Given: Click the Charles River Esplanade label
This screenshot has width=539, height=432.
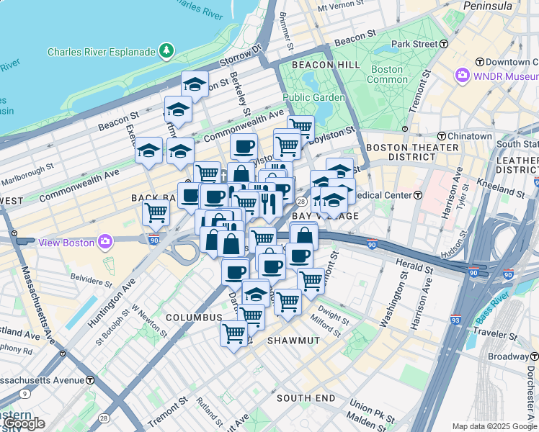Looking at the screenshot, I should click(x=101, y=52).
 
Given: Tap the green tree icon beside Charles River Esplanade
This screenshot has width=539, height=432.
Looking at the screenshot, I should click(x=166, y=51).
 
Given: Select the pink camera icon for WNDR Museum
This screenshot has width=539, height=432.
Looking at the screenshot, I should click(x=462, y=75).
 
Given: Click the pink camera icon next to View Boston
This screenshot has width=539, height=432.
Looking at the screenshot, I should click(x=105, y=242).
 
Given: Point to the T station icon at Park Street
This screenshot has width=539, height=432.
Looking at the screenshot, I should click(x=444, y=44).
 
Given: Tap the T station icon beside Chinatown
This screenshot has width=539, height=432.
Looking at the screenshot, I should click(x=441, y=136).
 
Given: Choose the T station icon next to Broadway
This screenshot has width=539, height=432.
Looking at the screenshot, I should click(x=534, y=356).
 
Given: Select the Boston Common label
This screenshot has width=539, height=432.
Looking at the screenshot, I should click(x=386, y=74).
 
